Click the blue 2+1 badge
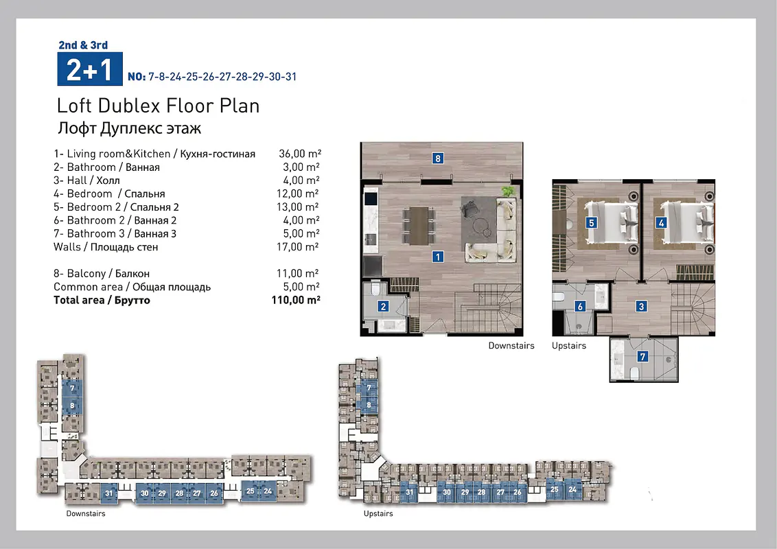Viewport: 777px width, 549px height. click(90, 69)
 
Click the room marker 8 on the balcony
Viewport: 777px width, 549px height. click(437, 159)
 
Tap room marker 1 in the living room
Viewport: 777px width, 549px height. click(437, 257)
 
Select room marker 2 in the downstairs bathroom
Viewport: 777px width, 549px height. click(383, 307)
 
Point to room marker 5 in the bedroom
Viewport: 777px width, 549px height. click(591, 223)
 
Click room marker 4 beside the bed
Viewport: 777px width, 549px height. click(661, 223)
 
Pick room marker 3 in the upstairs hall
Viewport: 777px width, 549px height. click(641, 307)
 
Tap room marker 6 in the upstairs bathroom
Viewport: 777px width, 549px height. click(580, 307)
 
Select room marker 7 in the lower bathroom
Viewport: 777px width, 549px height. click(642, 356)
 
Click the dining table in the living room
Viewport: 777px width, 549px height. click(419, 226)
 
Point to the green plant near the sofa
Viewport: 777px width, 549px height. click(508, 191)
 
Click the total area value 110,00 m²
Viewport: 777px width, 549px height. click(296, 300)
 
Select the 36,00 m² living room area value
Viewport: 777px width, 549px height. click(300, 154)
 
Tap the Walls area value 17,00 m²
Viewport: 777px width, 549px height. click(298, 247)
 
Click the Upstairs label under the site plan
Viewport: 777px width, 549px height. click(378, 513)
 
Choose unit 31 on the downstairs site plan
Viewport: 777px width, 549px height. click(109, 493)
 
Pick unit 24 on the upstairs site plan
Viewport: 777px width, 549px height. click(572, 489)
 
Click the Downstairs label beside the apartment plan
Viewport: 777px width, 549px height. click(511, 345)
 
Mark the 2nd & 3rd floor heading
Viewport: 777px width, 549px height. click(83, 45)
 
